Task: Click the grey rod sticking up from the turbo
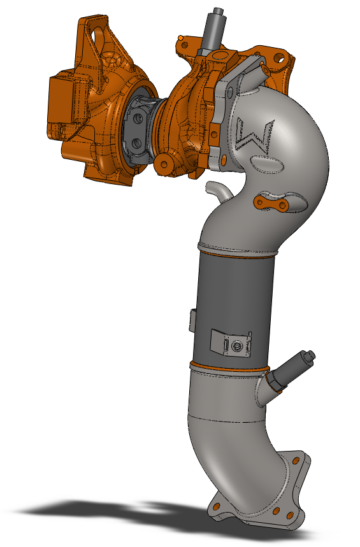(x=212, y=29)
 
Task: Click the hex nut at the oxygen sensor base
(x=276, y=381)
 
